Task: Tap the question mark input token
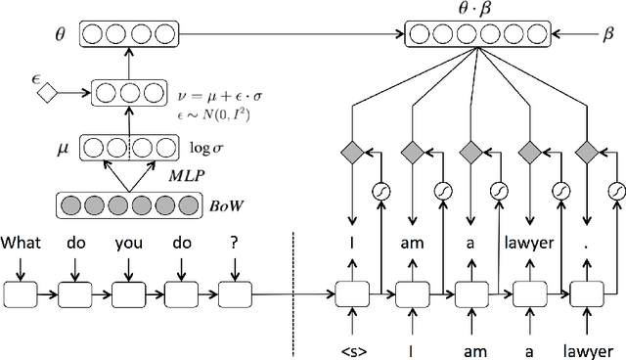click(233, 240)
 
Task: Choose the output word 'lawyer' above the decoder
click(530, 240)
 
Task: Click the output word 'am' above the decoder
click(411, 240)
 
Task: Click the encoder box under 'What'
click(21, 292)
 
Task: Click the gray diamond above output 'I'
click(349, 152)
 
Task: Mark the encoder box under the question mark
click(235, 292)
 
